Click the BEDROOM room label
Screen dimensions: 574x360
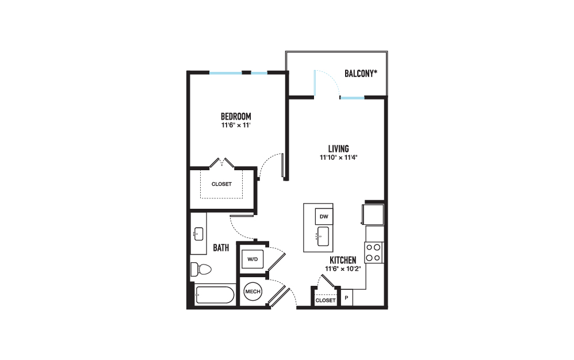click(x=236, y=117)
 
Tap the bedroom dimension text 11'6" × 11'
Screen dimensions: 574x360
click(x=236, y=125)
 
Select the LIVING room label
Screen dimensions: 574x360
click(x=338, y=149)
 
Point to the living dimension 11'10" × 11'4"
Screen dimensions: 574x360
click(x=338, y=158)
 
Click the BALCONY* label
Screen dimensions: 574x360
click(x=361, y=74)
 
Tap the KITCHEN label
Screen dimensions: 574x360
click(x=343, y=260)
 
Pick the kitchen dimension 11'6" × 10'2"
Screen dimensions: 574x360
click(x=343, y=269)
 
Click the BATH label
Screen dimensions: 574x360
click(x=221, y=248)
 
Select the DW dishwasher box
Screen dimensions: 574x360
click(x=324, y=217)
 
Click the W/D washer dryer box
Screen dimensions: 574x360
click(x=252, y=259)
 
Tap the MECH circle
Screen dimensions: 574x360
click(x=252, y=292)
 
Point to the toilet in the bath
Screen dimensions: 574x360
click(x=201, y=270)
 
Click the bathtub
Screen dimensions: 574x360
click(x=215, y=295)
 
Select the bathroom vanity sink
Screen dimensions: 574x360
click(x=198, y=234)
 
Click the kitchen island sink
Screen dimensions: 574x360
click(x=323, y=236)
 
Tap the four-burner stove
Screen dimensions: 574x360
click(x=374, y=252)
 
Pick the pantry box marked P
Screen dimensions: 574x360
click(x=347, y=298)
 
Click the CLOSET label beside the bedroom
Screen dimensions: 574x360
click(x=221, y=184)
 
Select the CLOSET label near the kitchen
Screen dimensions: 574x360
click(x=326, y=300)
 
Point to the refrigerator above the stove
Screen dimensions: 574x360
click(x=373, y=215)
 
